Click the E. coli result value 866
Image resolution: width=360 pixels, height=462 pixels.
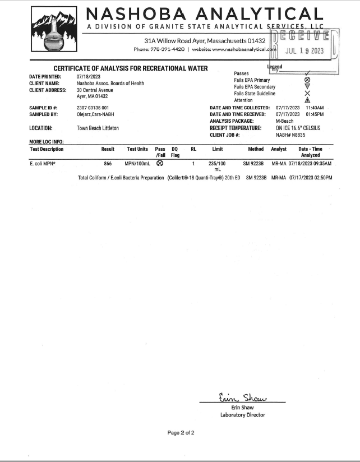coord(108,164)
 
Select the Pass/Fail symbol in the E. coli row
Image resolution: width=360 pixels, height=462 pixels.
coord(160,164)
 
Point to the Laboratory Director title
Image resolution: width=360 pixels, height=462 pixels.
coord(243,415)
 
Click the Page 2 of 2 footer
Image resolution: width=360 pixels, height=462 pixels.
coord(181,433)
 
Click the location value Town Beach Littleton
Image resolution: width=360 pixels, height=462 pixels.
coord(98,128)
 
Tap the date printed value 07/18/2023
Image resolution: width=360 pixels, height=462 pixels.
coord(89,77)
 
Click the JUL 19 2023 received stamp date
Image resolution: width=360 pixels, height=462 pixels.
coord(305,50)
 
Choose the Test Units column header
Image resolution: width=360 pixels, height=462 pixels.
coord(137,149)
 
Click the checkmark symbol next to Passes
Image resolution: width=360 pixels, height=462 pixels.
coord(307,73)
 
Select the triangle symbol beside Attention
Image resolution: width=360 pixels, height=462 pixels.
coord(307,100)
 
